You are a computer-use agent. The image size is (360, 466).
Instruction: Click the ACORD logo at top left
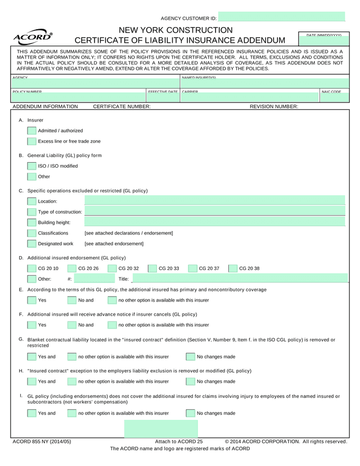(33, 38)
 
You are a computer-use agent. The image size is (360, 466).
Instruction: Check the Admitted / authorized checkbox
(32, 131)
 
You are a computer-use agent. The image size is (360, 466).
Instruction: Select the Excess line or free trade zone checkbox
(32, 141)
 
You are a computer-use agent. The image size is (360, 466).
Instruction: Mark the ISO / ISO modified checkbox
(32, 166)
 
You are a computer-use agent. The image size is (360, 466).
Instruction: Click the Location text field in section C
(214, 201)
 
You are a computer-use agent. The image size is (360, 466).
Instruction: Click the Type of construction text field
(214, 212)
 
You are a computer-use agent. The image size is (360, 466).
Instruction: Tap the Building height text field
(214, 222)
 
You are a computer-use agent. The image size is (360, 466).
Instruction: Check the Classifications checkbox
(32, 233)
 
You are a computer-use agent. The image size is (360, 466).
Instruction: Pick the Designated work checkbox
(32, 244)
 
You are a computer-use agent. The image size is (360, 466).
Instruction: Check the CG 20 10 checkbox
(32, 268)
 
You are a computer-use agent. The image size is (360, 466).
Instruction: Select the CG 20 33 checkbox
(152, 268)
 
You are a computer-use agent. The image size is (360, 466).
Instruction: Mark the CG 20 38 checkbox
(233, 268)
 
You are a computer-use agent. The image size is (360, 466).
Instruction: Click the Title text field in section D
(238, 279)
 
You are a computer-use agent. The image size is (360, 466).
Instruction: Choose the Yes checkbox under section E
(32, 300)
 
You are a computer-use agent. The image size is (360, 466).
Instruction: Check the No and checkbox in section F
(72, 325)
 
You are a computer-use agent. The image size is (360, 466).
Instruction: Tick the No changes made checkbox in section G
(191, 356)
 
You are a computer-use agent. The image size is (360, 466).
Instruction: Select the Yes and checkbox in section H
(32, 382)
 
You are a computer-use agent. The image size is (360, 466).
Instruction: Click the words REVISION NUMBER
(274, 106)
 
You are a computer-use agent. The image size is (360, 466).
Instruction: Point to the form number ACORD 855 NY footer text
(42, 442)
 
